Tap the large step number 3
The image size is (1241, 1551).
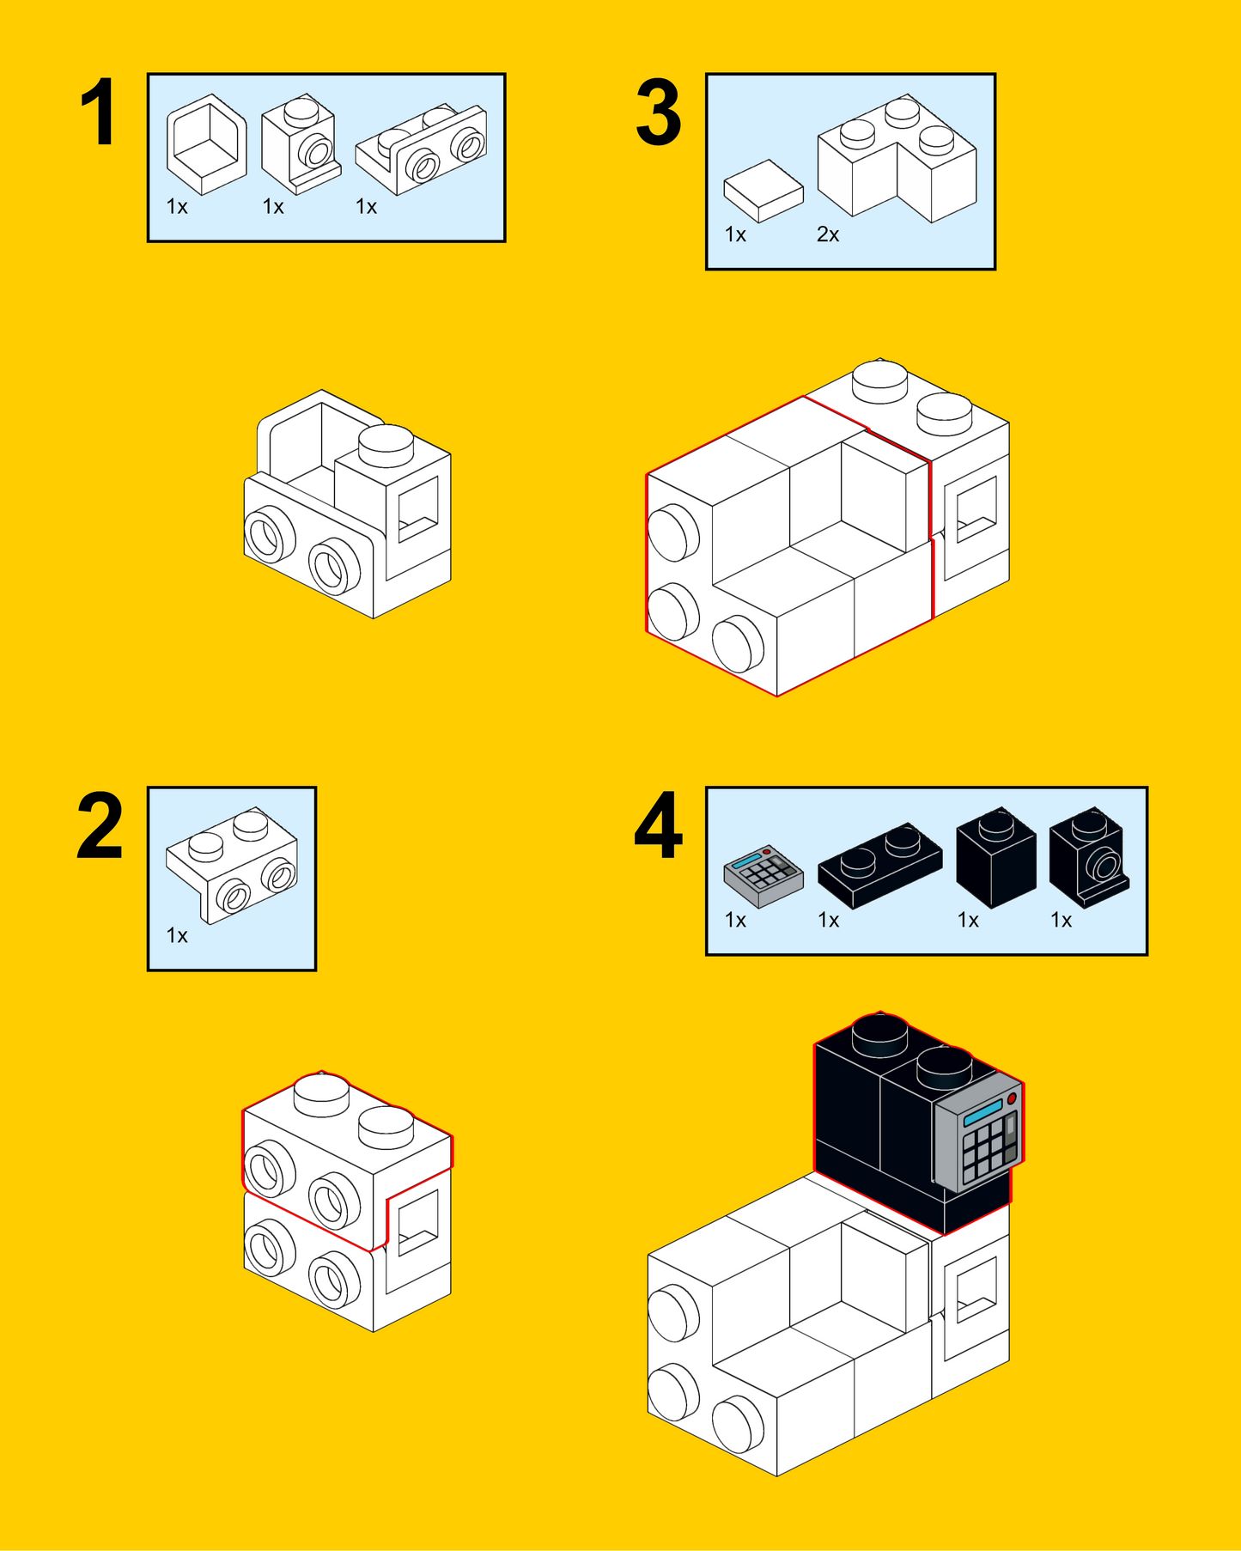(x=659, y=113)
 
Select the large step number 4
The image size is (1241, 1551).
(x=659, y=826)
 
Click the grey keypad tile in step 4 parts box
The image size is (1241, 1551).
(x=763, y=876)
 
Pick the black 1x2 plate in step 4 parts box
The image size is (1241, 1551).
(x=879, y=866)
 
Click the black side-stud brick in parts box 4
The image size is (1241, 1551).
(x=1089, y=857)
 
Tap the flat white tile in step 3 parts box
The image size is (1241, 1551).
(x=763, y=191)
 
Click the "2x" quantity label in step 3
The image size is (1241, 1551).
(x=828, y=234)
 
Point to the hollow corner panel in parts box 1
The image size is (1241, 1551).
(x=207, y=144)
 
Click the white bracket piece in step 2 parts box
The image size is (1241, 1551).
(x=232, y=866)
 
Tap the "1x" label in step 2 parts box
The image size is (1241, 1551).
(x=177, y=935)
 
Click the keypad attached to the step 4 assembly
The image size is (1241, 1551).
(x=979, y=1132)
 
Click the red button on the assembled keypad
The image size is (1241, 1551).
(x=1012, y=1098)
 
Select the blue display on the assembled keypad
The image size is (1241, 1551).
(x=983, y=1112)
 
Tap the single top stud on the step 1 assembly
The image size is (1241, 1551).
(x=386, y=445)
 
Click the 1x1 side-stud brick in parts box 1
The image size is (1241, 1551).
(x=301, y=144)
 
